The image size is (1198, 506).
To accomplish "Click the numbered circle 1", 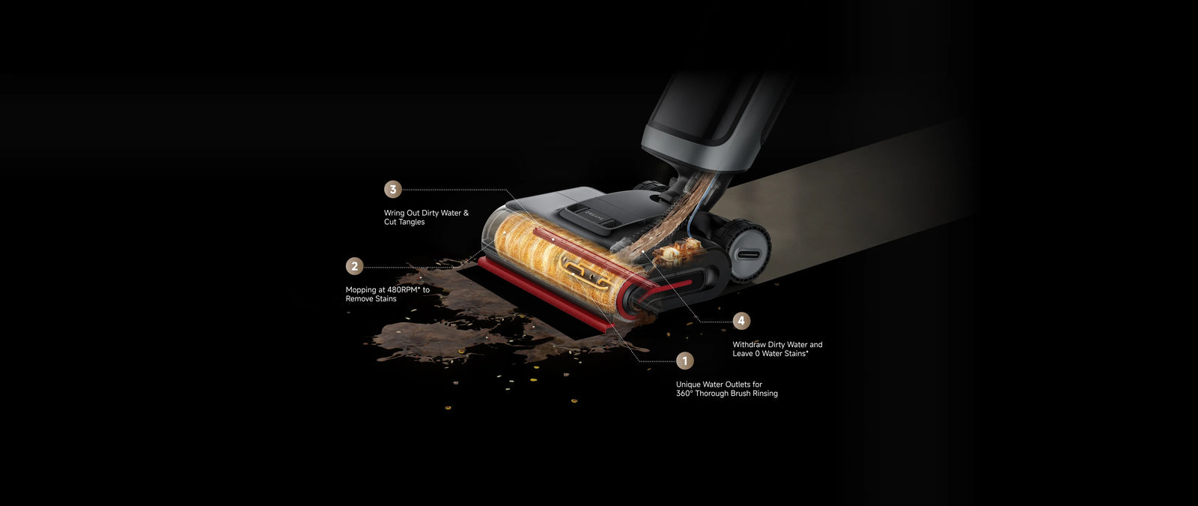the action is point(684,361).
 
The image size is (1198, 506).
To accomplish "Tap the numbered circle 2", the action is point(355,266).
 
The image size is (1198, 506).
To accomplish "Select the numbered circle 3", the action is point(393,189).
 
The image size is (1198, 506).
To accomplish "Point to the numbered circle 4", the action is point(741,321).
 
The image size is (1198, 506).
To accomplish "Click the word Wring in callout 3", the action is point(394,213).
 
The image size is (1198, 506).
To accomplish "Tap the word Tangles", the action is point(411,222).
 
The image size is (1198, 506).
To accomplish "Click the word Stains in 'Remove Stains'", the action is point(385,299).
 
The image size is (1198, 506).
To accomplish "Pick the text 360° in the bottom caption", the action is point(684,394).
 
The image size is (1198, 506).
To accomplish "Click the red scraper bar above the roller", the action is point(594,256).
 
